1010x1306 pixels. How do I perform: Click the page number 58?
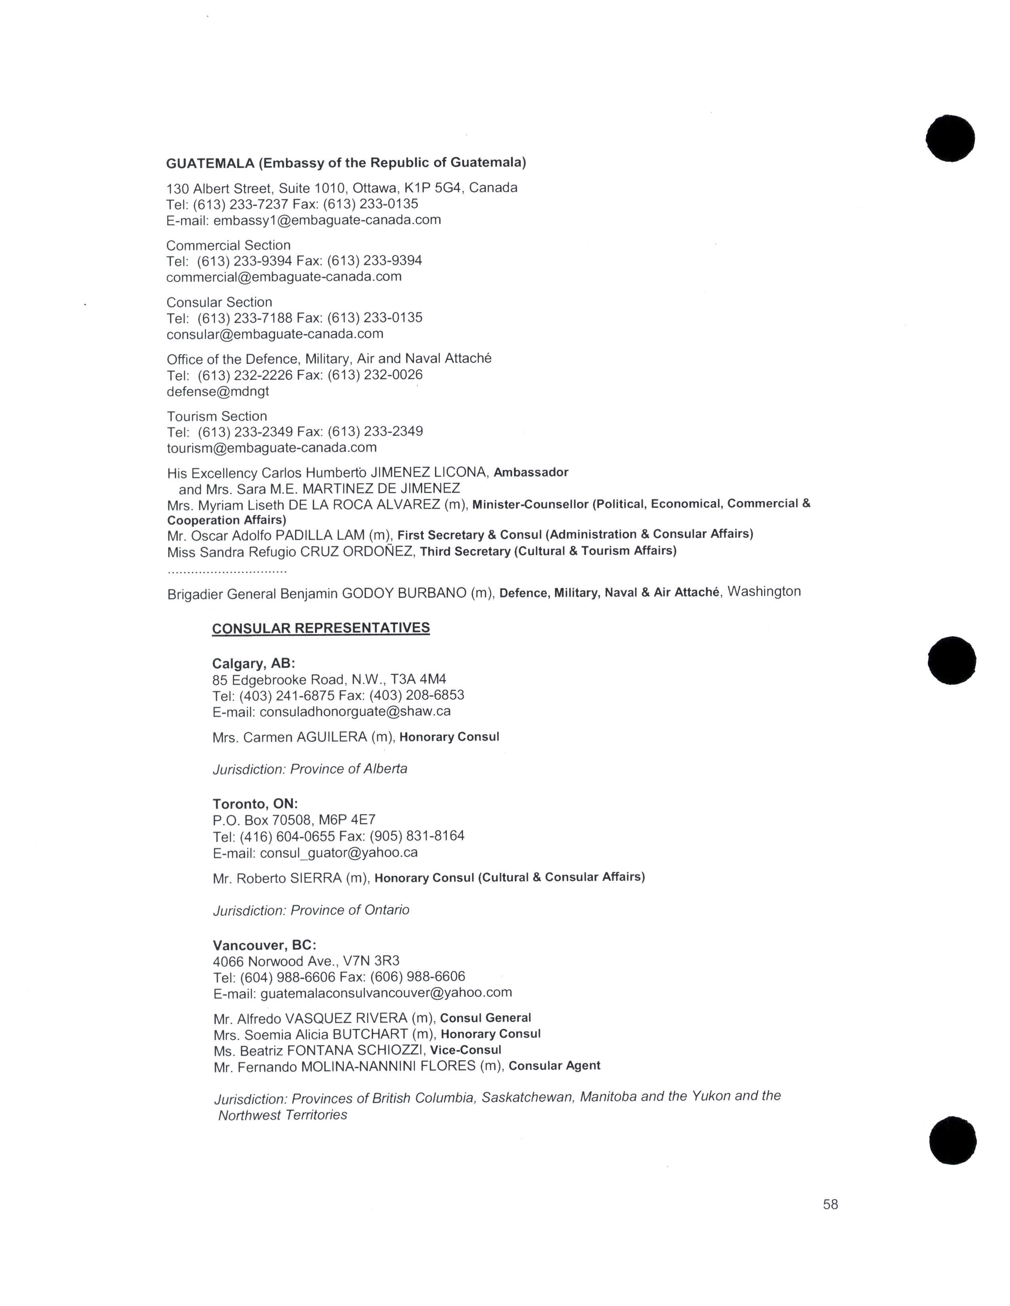831,1204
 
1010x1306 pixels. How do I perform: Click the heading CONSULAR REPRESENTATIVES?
321,628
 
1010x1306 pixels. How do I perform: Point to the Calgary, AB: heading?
254,663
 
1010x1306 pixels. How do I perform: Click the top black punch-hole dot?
950,138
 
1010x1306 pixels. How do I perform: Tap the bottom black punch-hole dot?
953,1140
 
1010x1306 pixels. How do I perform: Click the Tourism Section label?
217,416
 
